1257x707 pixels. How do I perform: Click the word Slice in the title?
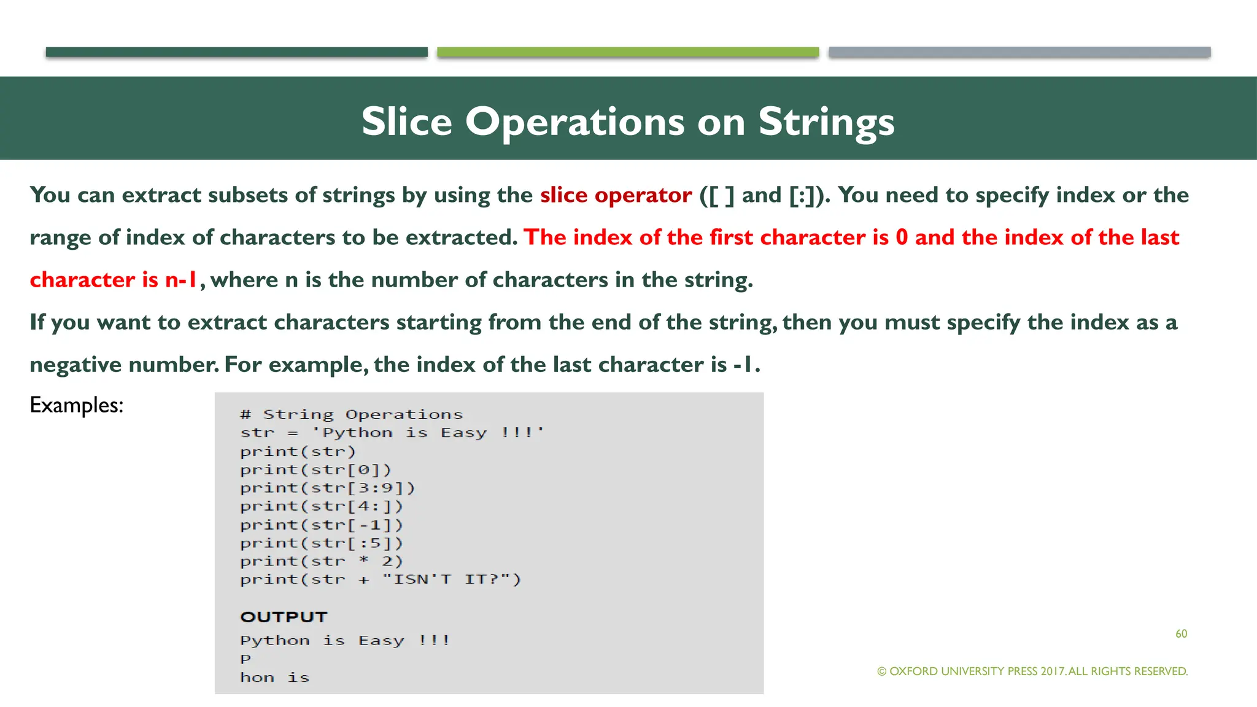pyautogui.click(x=406, y=122)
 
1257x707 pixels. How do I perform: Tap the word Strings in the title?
pyautogui.click(x=826, y=122)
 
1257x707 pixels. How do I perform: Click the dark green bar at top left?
pyautogui.click(x=236, y=52)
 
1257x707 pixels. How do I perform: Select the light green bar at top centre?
pyautogui.click(x=628, y=52)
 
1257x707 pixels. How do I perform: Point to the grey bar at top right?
pyautogui.click(x=1019, y=52)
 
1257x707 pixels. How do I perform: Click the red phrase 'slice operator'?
pyautogui.click(x=616, y=195)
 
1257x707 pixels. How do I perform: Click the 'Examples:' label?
pyautogui.click(x=77, y=405)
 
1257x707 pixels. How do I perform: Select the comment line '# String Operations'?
pyautogui.click(x=351, y=415)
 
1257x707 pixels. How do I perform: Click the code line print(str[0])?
pyautogui.click(x=315, y=470)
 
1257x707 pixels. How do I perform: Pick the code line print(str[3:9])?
pyautogui.click(x=328, y=489)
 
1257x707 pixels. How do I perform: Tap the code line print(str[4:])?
pyautogui.click(x=322, y=507)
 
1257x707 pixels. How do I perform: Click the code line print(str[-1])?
pyautogui.click(x=322, y=525)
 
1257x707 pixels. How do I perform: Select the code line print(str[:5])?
pyautogui.click(x=322, y=544)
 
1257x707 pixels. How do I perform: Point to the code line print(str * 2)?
pyautogui.click(x=322, y=562)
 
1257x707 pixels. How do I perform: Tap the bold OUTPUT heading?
pyautogui.click(x=284, y=617)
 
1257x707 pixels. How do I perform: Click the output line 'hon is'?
pyautogui.click(x=274, y=678)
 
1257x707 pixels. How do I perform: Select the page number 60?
pyautogui.click(x=1181, y=634)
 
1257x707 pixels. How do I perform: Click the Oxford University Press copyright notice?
pyautogui.click(x=1032, y=671)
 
